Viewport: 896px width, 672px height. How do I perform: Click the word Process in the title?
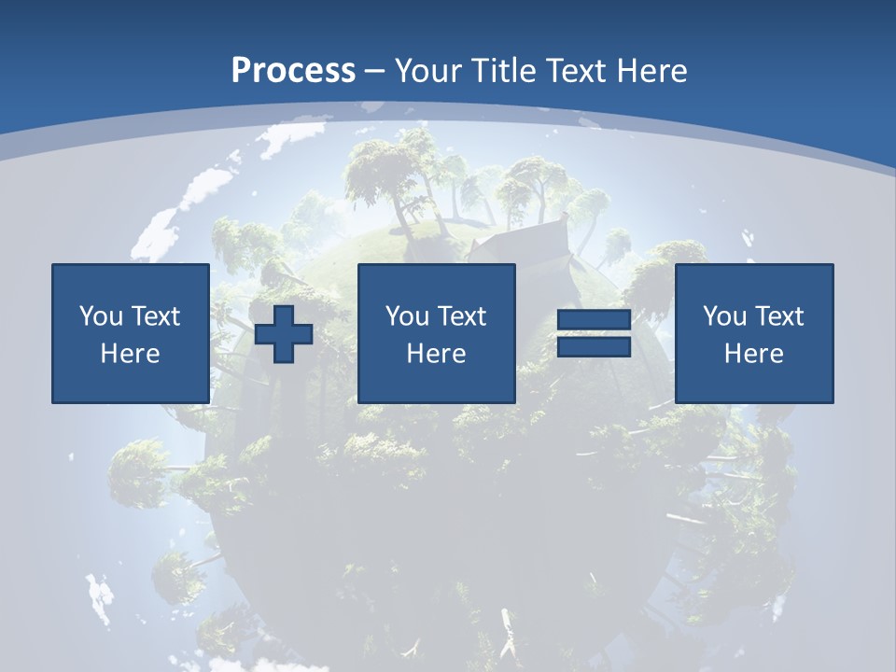click(x=293, y=70)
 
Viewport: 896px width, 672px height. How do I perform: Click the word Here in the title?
click(x=651, y=70)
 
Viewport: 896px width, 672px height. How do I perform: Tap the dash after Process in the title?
click(x=374, y=71)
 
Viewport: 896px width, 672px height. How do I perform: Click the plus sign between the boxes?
click(x=284, y=334)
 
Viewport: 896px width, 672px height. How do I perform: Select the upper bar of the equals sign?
click(x=594, y=320)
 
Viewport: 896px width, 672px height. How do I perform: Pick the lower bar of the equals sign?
click(x=594, y=347)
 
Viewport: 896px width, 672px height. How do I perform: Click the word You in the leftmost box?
click(x=101, y=316)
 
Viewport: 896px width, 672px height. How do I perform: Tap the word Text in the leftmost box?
click(x=155, y=316)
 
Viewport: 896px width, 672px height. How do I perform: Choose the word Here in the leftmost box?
click(x=130, y=354)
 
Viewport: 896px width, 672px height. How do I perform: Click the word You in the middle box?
click(x=407, y=316)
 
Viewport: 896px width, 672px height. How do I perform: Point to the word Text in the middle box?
click(x=461, y=316)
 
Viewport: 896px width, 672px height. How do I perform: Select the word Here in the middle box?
click(x=436, y=354)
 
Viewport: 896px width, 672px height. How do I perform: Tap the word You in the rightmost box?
click(x=724, y=316)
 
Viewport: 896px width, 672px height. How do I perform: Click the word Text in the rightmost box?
click(x=778, y=316)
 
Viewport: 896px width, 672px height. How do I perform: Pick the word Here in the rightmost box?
click(x=753, y=354)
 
